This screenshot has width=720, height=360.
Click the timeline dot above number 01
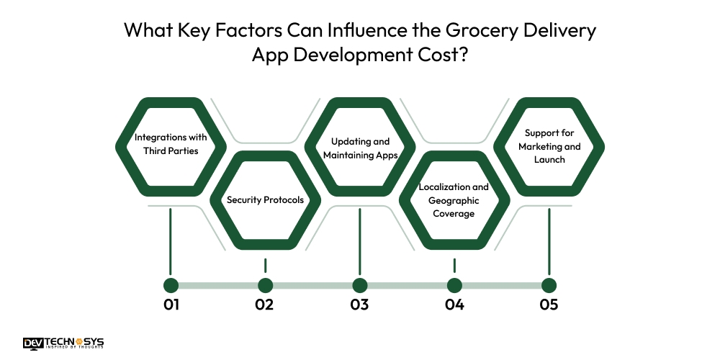coord(171,285)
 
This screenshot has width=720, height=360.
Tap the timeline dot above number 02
coord(266,285)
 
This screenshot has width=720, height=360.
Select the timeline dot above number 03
coord(360,285)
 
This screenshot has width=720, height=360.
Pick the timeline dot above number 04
coord(454,285)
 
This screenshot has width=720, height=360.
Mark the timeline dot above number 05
coord(549,285)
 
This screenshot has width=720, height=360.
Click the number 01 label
coord(171,305)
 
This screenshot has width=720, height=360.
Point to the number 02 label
coord(265,305)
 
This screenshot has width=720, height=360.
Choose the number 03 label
coord(360,305)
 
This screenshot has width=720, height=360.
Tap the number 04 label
coord(454,305)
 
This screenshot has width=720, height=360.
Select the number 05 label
coord(549,305)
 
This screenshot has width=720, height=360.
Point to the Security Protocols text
coord(265,199)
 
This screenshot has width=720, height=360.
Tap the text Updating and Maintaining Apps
coord(360,148)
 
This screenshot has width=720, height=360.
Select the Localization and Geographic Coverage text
coord(454,199)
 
